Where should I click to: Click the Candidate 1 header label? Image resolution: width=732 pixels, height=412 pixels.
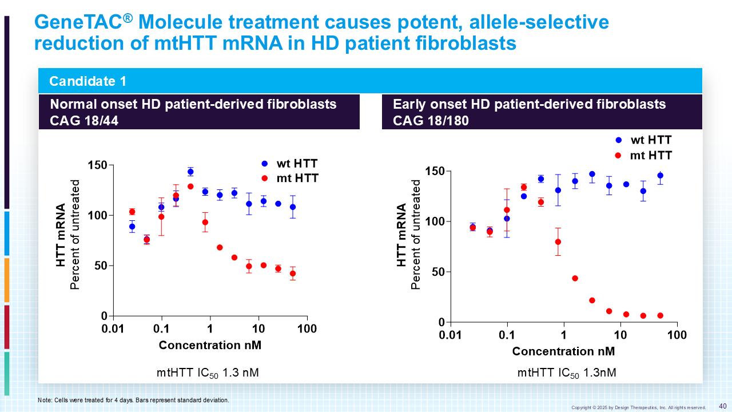(87, 81)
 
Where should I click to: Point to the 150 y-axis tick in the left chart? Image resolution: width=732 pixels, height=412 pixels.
(97, 165)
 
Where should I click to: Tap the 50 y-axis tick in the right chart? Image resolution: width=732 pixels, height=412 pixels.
(437, 272)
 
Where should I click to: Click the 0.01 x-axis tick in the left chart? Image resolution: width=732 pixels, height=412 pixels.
(113, 329)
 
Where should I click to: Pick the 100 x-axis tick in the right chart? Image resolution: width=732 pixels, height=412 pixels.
(677, 335)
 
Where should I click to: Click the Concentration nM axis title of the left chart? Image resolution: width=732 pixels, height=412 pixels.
(210, 345)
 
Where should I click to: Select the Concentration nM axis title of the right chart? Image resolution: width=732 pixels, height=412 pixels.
(563, 351)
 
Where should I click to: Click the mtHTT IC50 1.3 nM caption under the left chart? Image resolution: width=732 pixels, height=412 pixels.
(208, 373)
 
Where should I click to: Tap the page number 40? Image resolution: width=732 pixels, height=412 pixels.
(722, 406)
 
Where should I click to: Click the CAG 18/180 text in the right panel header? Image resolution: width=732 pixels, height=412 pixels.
(431, 121)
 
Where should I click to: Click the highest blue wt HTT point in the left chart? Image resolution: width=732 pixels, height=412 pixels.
(190, 172)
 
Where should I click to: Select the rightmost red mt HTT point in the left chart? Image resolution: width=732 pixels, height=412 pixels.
(293, 274)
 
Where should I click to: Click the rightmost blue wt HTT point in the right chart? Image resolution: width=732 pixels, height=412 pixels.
(660, 176)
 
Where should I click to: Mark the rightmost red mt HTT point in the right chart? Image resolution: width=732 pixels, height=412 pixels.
(660, 316)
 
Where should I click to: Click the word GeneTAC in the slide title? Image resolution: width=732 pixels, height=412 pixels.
(79, 23)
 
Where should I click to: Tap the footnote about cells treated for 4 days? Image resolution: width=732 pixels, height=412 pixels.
(133, 400)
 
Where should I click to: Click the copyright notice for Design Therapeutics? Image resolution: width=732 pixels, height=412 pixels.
(638, 407)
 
